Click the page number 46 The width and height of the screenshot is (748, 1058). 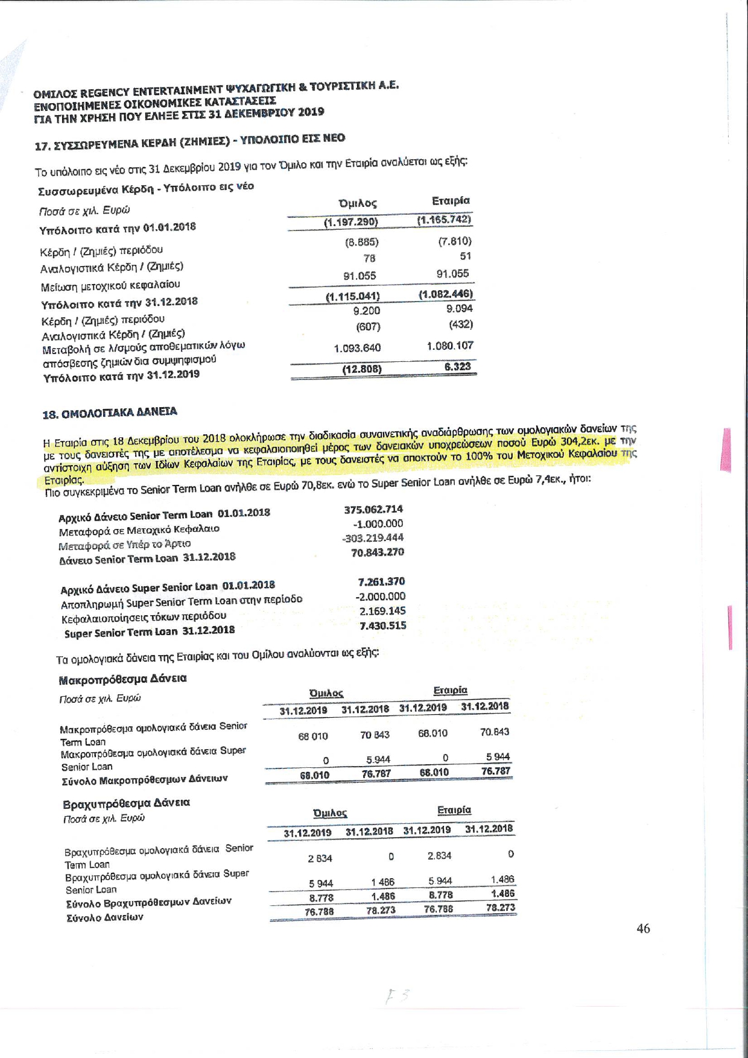coord(643,929)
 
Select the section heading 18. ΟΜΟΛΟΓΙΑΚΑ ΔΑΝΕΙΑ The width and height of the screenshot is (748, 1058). coord(110,413)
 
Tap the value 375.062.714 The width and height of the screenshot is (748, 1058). coord(373,509)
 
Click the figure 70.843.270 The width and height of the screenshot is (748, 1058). coord(377,552)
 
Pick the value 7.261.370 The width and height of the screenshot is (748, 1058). coord(381,581)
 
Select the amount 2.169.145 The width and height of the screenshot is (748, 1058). coord(382,611)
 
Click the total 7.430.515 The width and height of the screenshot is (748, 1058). coord(382,626)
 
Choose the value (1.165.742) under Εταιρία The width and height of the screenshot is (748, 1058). coord(444,220)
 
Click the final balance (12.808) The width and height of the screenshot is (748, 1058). coord(362,369)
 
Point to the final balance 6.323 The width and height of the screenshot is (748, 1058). coord(458,366)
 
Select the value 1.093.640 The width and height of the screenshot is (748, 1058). coord(357,348)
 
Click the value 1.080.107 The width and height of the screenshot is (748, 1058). coord(449,346)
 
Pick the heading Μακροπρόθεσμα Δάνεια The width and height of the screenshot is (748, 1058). coord(122,679)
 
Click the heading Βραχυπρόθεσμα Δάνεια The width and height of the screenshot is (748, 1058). coord(126,803)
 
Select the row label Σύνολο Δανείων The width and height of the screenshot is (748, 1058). coord(105,917)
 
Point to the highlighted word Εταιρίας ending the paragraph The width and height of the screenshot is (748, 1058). coord(64,481)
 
